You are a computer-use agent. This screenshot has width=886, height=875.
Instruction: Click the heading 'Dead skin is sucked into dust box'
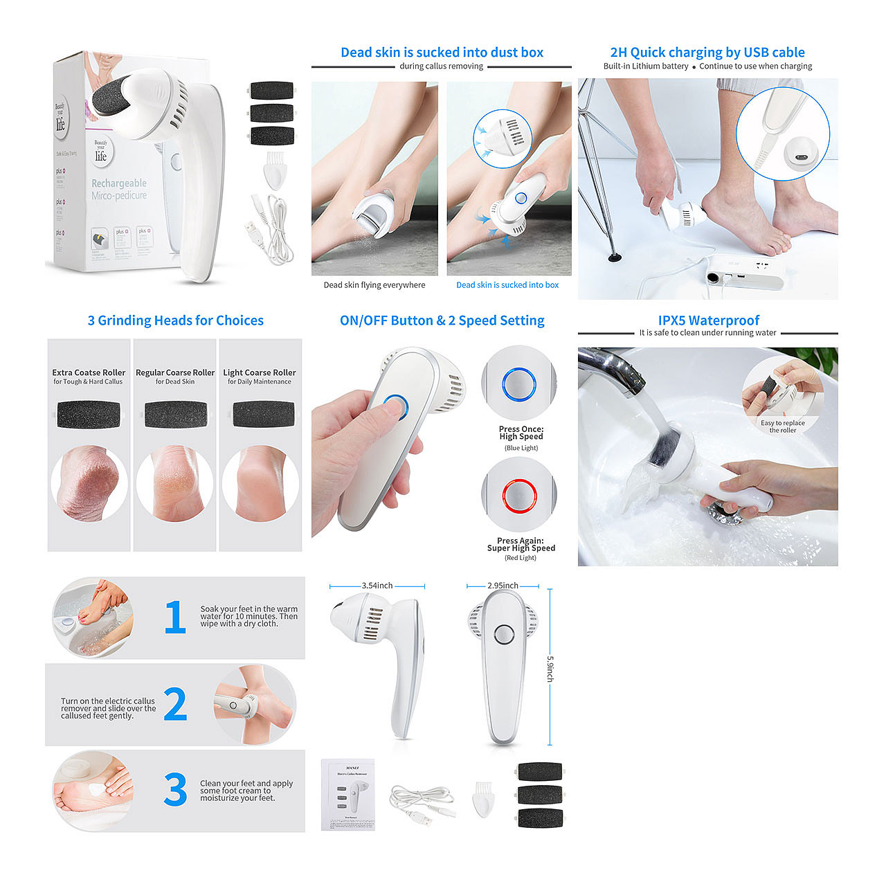[442, 53]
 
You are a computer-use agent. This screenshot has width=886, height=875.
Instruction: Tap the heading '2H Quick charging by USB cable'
[707, 53]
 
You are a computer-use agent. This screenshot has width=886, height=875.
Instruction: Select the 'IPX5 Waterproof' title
[708, 321]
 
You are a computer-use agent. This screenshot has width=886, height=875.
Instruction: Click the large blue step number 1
[175, 617]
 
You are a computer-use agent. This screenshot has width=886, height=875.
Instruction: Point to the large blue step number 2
[175, 704]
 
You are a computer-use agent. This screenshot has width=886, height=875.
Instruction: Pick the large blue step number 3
[175, 790]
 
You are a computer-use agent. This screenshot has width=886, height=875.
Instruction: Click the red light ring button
[519, 494]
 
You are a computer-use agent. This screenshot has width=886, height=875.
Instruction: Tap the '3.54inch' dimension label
[377, 586]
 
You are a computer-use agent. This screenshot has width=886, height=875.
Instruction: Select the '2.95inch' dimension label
[503, 586]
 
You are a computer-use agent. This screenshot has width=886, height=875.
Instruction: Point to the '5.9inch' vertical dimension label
[550, 669]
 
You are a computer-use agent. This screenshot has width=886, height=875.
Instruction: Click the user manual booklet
[348, 795]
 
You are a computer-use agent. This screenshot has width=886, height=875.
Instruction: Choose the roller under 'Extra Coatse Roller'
[88, 415]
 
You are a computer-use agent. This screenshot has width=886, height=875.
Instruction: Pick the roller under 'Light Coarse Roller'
[260, 415]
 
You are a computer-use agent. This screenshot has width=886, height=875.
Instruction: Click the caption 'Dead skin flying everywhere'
[374, 285]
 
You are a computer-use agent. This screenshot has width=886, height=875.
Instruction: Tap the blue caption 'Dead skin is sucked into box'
[507, 285]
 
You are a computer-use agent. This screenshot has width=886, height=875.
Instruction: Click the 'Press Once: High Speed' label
[521, 433]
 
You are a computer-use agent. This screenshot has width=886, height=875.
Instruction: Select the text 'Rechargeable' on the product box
[119, 183]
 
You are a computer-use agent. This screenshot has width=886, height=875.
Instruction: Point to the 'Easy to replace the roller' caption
[783, 426]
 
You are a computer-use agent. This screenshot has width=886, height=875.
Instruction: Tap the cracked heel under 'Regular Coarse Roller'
[174, 482]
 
